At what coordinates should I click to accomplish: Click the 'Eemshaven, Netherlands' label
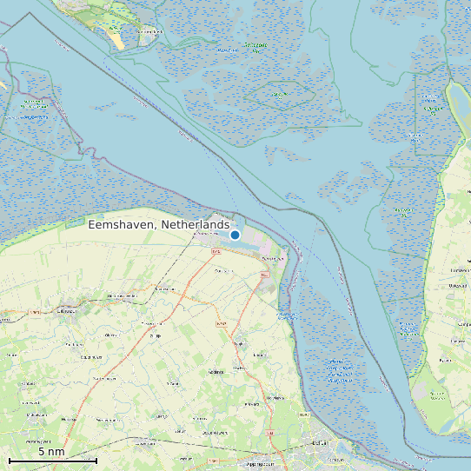[x=159, y=224]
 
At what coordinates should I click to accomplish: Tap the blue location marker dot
[x=235, y=235]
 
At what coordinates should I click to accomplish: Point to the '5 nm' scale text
[x=51, y=451]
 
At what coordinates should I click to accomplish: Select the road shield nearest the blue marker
[x=216, y=250]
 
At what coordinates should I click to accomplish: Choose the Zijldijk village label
[x=156, y=335]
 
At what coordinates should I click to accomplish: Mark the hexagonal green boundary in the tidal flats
[x=279, y=95]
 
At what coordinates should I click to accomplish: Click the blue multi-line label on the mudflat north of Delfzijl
[x=341, y=369]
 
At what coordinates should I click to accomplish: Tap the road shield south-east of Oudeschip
[x=264, y=275]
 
